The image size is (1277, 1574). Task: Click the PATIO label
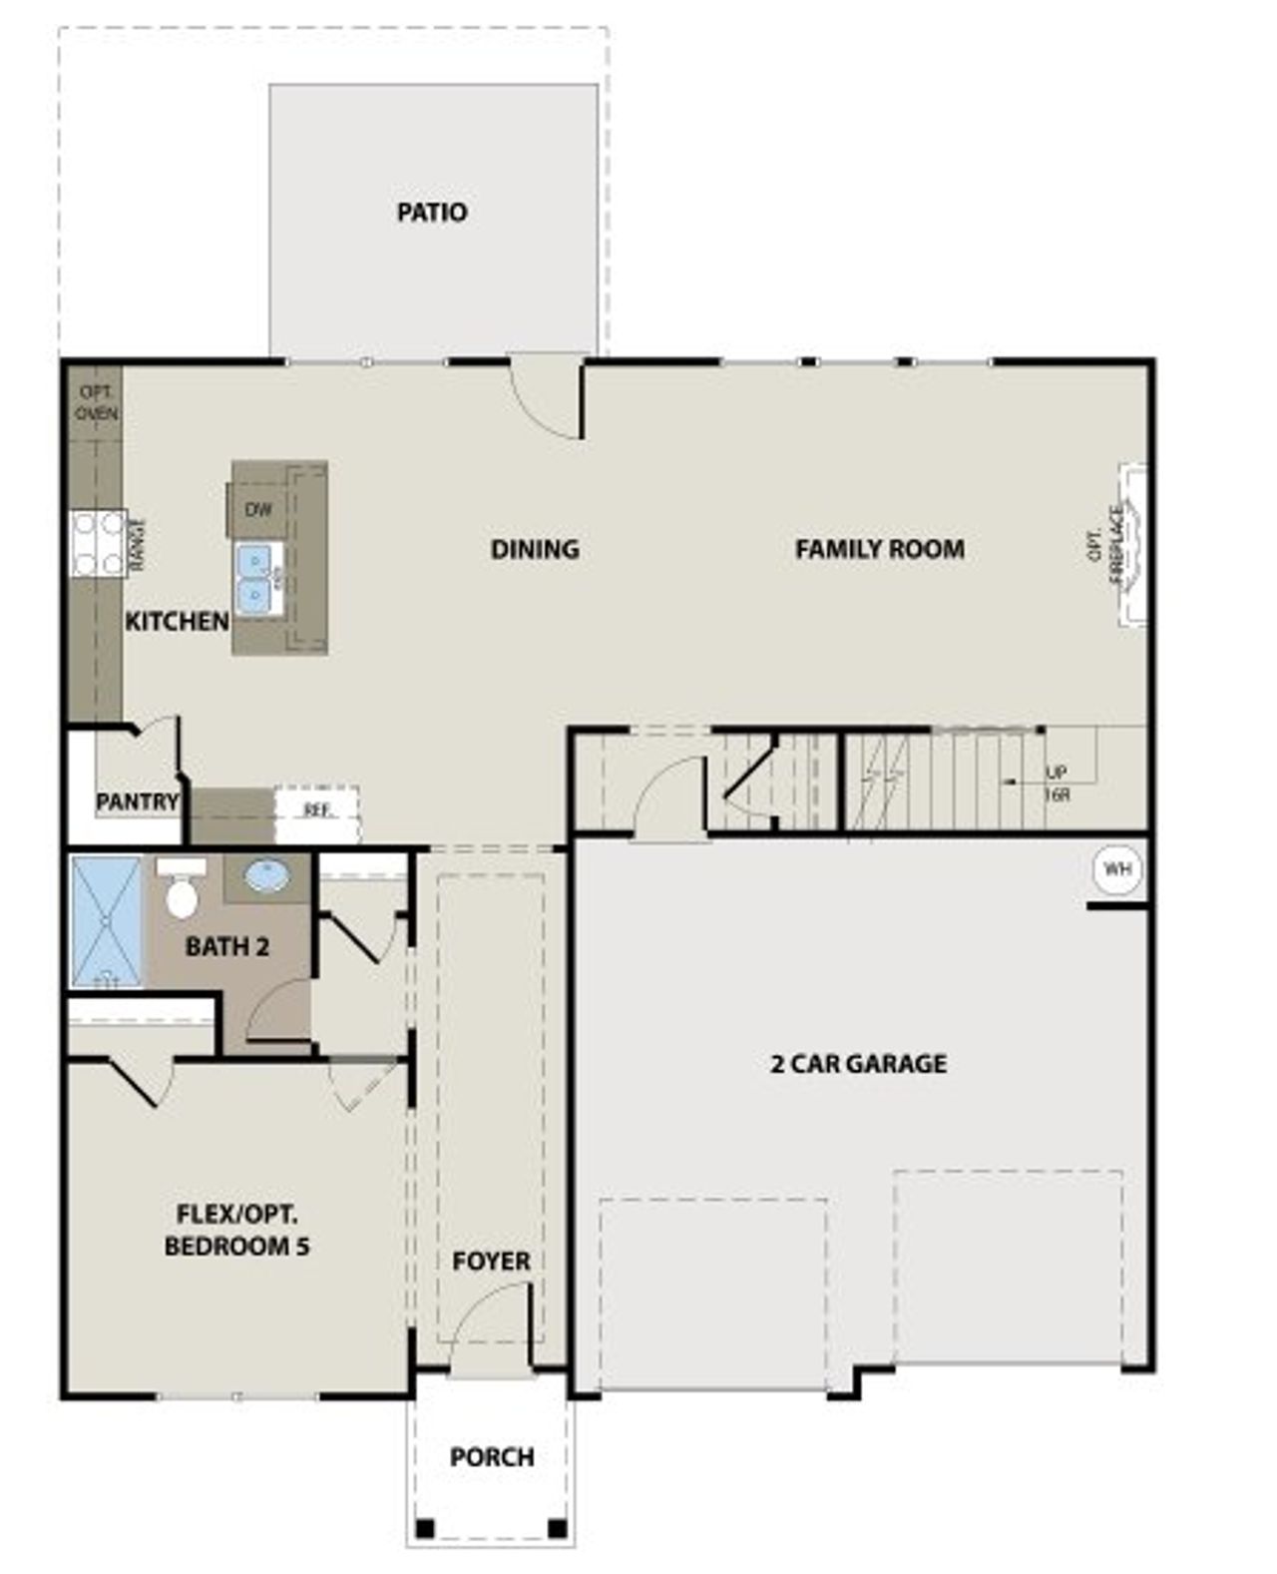tap(431, 212)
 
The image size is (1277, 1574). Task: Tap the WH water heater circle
tap(1116, 869)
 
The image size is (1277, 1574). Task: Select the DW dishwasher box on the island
tap(257, 510)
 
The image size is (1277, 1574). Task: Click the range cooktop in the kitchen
tap(98, 543)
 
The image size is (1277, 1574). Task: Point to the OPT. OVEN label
tap(97, 402)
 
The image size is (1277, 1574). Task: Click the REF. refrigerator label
tap(316, 809)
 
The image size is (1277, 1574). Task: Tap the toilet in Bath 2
tap(181, 891)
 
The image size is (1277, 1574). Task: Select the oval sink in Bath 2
tap(266, 877)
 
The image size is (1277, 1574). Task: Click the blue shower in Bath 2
tap(107, 921)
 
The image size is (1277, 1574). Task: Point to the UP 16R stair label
tap(1056, 784)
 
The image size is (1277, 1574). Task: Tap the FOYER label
tap(491, 1261)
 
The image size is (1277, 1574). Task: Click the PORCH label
tap(491, 1456)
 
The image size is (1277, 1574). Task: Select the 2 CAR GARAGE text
tap(858, 1063)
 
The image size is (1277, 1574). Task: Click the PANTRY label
tap(137, 800)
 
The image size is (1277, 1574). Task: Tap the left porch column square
tap(425, 1527)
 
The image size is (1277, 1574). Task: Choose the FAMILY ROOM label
tap(879, 548)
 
